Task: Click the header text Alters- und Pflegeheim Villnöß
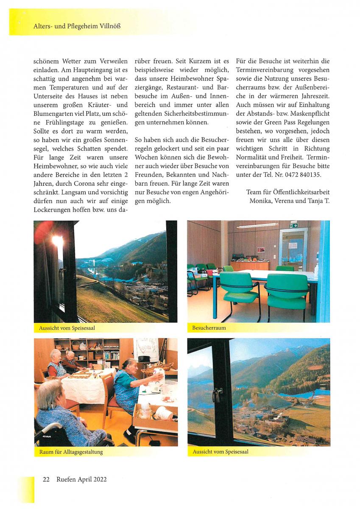77,26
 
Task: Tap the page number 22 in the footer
46,479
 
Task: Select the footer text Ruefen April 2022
81,479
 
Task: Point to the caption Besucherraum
209,328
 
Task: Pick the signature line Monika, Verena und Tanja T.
289,201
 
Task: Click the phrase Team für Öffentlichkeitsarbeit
287,192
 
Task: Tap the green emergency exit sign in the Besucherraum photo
293,225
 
